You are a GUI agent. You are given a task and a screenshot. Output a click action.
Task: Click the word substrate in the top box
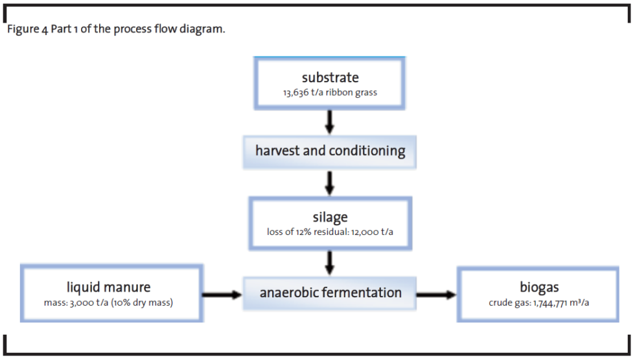[330, 78]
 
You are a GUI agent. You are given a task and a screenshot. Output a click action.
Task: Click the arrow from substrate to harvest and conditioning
[330, 121]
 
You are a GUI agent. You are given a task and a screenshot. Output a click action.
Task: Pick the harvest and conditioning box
[330, 152]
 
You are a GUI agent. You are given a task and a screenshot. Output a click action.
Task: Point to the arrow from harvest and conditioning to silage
[330, 182]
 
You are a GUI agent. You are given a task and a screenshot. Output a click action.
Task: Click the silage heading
[330, 217]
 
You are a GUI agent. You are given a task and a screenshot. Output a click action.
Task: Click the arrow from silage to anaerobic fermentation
[330, 262]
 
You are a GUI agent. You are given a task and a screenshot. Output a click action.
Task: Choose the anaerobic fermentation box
[330, 293]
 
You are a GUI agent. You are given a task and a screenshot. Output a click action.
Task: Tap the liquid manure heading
[108, 287]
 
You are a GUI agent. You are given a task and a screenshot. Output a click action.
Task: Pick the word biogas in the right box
[538, 287]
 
